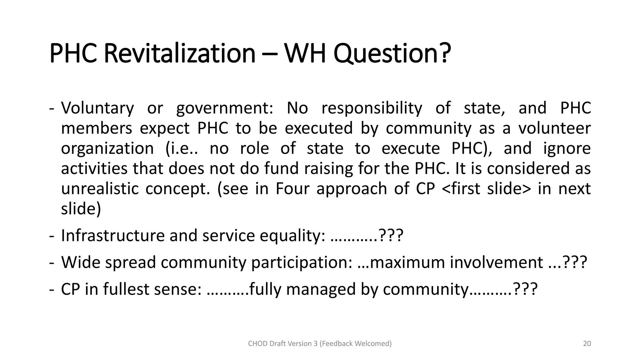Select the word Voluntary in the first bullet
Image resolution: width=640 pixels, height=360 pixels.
(97, 108)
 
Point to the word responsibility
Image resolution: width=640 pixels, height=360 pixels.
(372, 108)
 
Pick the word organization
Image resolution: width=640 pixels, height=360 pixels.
(107, 148)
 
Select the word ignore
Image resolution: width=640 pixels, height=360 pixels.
(567, 148)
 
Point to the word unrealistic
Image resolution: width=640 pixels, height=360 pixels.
(100, 189)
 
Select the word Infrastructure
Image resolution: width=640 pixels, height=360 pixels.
(112, 235)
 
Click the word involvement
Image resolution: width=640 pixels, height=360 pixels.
(496, 262)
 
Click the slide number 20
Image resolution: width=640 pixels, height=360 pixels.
(587, 344)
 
